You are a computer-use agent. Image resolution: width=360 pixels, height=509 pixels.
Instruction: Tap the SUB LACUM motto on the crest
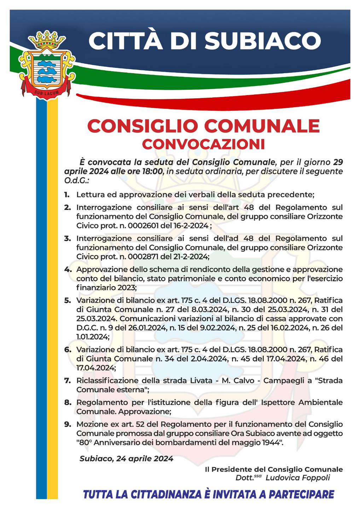click(46, 93)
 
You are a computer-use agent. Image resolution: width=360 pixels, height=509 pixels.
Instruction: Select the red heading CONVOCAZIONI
click(203, 144)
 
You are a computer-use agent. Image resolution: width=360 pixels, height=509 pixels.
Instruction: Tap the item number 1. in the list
click(67, 194)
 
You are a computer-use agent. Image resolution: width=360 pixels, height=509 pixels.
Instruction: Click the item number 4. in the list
click(68, 269)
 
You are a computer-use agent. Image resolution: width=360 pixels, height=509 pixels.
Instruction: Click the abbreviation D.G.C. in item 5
click(87, 328)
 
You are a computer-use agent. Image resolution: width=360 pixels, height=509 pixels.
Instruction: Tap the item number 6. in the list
click(68, 350)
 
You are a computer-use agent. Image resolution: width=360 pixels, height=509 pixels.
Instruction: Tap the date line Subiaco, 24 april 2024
click(126, 458)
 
